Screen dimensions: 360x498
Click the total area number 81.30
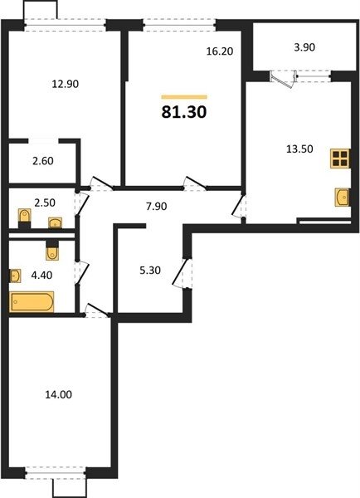[184, 112]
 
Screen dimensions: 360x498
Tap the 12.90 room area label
[65, 84]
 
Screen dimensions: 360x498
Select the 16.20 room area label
[220, 51]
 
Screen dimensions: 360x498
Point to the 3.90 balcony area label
[304, 47]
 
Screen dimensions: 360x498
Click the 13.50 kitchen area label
[299, 149]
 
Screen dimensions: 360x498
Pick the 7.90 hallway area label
[156, 207]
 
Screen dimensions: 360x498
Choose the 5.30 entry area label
[150, 271]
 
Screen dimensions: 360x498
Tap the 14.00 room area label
[58, 394]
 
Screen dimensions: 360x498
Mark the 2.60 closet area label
[43, 161]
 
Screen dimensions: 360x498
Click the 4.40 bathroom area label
[41, 275]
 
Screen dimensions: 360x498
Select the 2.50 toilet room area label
[45, 203]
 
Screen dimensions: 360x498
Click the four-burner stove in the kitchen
[340, 159]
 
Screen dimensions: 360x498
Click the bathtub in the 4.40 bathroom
[32, 301]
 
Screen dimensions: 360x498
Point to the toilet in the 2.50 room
[24, 217]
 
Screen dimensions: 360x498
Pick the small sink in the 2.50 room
[56, 223]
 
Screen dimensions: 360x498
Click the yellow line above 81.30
[184, 97]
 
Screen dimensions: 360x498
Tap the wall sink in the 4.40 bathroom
[15, 276]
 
